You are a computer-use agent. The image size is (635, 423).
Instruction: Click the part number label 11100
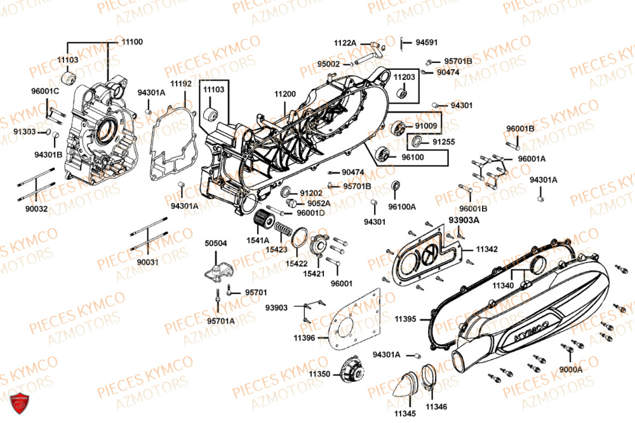tap(133, 42)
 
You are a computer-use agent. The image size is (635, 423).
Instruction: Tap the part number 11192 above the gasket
tap(181, 83)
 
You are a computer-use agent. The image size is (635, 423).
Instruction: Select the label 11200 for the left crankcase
tap(285, 94)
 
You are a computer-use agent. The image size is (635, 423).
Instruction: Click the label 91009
tap(425, 126)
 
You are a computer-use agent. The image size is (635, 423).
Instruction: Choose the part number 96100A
tap(402, 206)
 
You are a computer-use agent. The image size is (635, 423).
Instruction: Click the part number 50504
tap(215, 243)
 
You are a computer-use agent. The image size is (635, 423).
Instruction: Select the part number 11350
tap(320, 375)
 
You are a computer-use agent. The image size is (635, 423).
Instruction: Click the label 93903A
tap(464, 220)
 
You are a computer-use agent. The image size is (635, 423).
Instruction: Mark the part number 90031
tap(147, 262)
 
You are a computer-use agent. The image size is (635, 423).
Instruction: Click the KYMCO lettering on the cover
tap(525, 333)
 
